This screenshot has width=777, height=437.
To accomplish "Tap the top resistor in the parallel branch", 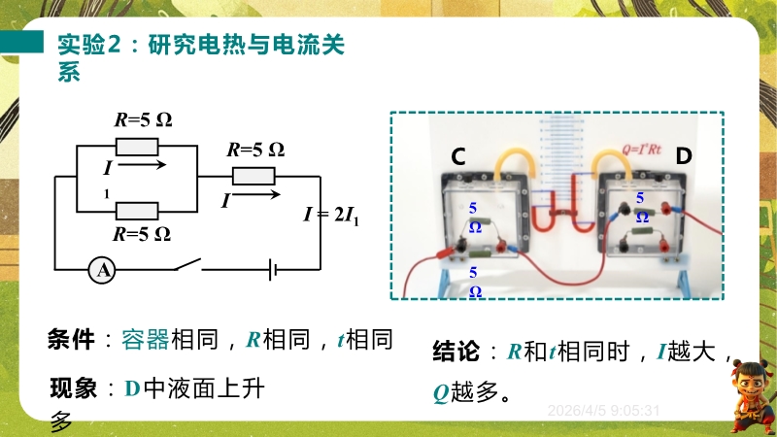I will (x=137, y=147).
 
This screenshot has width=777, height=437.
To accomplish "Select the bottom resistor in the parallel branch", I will (x=137, y=210).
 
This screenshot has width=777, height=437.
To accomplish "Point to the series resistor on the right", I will (x=253, y=176).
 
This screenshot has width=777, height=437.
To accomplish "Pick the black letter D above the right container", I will (x=684, y=155).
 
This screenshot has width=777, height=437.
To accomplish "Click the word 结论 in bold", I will (x=456, y=352).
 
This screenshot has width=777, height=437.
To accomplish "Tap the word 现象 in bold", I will (x=74, y=389).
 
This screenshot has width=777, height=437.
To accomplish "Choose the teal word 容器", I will (x=146, y=339).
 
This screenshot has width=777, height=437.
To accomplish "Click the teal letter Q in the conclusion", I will (x=439, y=393).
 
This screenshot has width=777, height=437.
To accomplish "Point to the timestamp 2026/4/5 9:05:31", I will (x=604, y=410).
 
